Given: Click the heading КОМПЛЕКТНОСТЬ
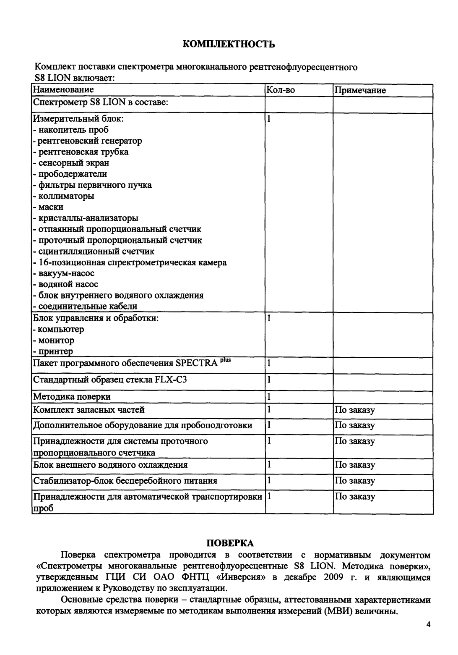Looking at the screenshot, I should point(229,44).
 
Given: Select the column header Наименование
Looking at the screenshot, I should point(63,90).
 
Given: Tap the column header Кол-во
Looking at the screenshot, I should point(281,90).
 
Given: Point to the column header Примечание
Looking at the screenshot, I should point(360,90).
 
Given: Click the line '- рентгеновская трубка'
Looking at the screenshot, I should point(81,152).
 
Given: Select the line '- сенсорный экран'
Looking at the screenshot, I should point(71,163).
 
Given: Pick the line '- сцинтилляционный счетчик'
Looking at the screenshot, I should point(94,252).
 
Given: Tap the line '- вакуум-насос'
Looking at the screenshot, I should point(64,273).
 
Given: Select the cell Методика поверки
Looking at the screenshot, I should point(72,397).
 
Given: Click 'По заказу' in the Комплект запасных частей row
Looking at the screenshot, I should point(354,410).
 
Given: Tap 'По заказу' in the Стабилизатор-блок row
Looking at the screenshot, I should point(354,481).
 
